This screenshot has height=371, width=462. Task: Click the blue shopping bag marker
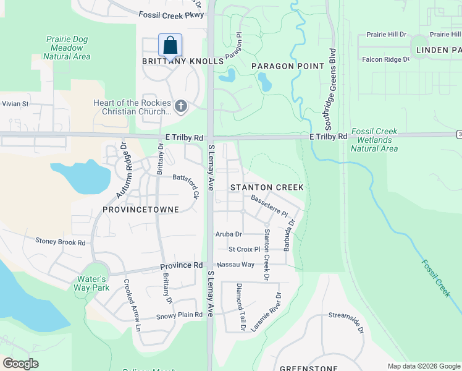pos(170,46)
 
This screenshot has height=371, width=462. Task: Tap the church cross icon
pos(181,107)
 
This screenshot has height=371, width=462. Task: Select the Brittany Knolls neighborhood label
pos(182,62)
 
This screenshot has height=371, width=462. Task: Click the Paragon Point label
pos(287,66)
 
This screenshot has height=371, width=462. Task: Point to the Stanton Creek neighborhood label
pos(267,187)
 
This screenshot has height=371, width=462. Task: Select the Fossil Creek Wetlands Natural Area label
pos(374,140)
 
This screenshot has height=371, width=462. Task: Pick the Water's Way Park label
pos(93,283)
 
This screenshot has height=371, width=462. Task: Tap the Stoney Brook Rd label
pos(60,242)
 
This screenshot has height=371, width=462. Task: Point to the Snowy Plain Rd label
pos(179,315)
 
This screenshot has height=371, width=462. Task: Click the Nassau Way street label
pos(235,265)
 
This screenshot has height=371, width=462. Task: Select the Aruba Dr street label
pos(229,234)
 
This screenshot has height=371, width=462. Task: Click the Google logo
pos(21,364)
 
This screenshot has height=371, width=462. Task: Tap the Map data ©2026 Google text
pos(423,366)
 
